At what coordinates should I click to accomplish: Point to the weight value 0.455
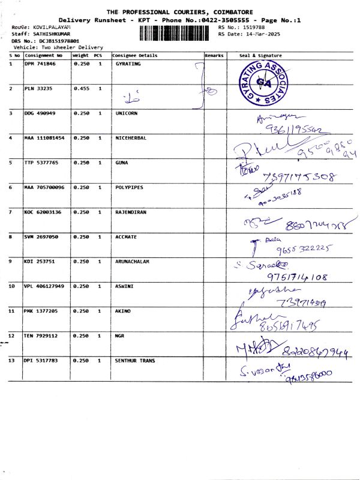[81, 88]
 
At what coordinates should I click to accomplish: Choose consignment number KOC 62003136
[43, 212]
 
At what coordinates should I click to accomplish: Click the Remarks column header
[214, 55]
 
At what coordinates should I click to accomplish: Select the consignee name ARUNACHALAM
[132, 262]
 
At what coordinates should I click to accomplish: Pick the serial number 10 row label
[12, 286]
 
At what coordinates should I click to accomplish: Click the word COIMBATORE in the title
[227, 12]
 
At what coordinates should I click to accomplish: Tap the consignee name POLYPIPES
[129, 187]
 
